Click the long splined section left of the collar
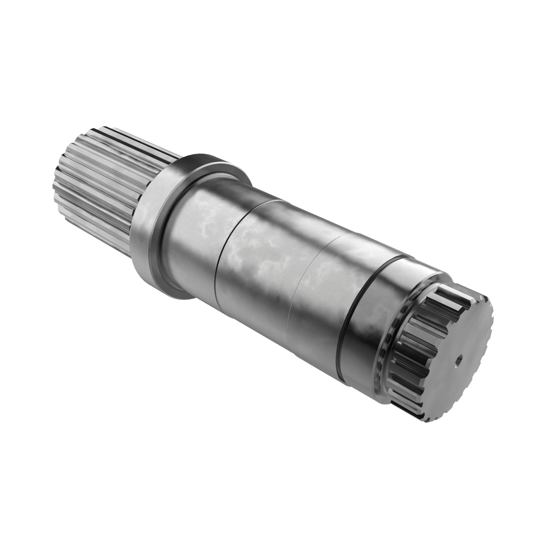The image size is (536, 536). tap(94, 180)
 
